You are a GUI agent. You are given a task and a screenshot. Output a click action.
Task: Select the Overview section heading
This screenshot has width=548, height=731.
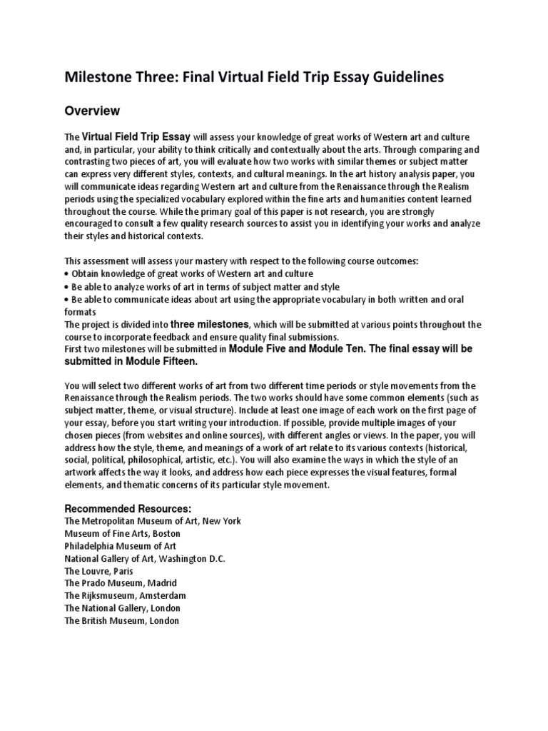(x=92, y=111)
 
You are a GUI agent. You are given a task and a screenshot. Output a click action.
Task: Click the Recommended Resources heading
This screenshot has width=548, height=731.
(x=128, y=508)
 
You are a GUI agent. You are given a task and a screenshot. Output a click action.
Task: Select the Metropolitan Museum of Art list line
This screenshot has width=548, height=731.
(x=153, y=522)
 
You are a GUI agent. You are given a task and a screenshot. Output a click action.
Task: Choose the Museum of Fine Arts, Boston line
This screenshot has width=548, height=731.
(x=122, y=534)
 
